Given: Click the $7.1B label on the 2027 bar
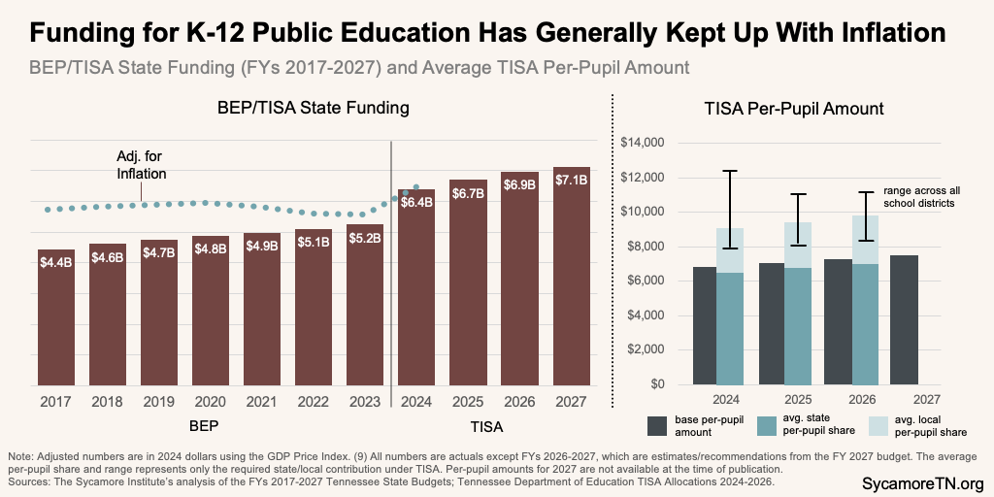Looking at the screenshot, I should [572, 180].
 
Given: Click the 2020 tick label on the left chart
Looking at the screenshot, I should [211, 400].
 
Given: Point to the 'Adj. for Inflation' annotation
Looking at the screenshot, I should [143, 166].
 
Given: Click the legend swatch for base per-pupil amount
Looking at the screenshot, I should [655, 424].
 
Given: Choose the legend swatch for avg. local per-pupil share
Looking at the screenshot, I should [879, 424].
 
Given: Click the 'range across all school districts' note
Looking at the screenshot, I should [920, 198].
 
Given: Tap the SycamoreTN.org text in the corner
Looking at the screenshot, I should [922, 482].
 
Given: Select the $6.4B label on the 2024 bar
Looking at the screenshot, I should [417, 202].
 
